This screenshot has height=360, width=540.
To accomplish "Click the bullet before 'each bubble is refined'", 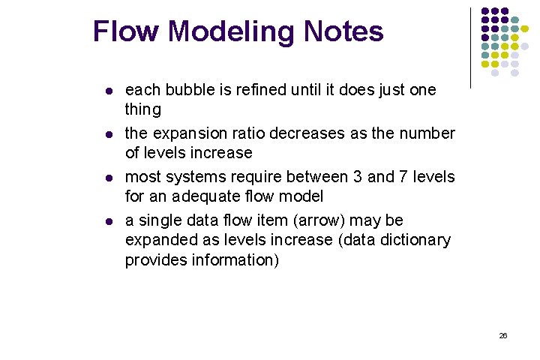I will [x=107, y=91].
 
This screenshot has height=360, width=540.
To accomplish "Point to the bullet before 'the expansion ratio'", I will [x=107, y=134].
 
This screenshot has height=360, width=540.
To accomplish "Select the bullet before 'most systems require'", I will [x=107, y=178].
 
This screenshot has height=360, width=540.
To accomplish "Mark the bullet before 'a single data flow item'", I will [x=107, y=221].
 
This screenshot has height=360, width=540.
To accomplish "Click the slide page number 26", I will [x=503, y=336].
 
